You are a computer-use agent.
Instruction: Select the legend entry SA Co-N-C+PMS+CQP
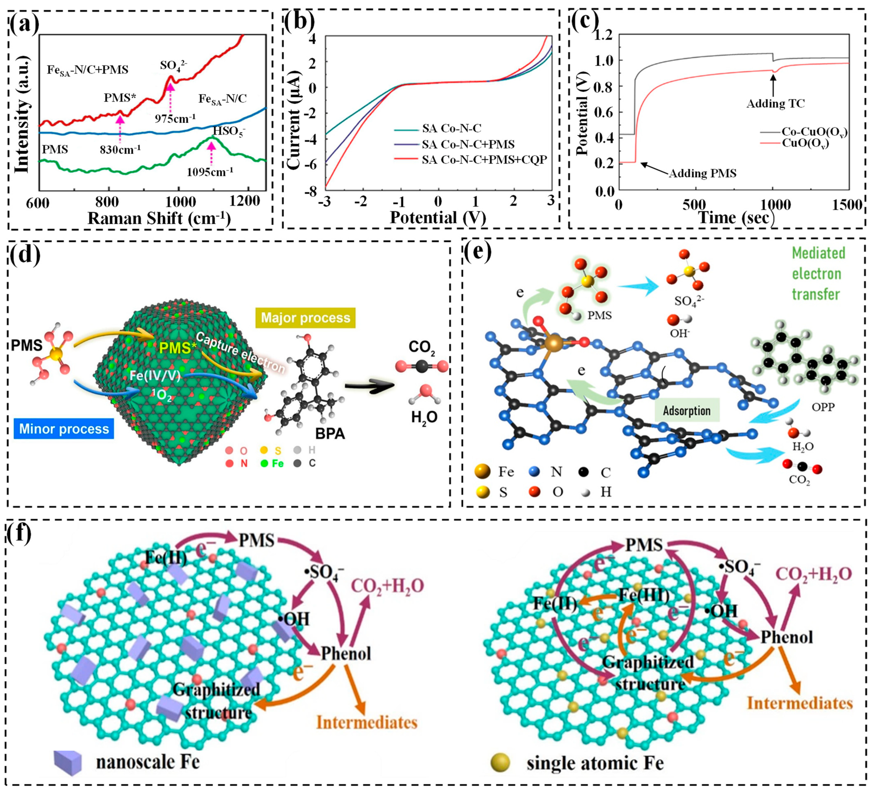(484, 160)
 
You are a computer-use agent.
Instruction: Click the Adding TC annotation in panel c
(775, 103)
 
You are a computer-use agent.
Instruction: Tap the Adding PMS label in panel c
(702, 173)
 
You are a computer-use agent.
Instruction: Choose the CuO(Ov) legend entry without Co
(805, 144)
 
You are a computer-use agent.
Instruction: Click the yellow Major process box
(305, 318)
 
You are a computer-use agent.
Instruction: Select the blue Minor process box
(64, 429)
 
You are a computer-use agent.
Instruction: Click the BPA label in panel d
(330, 434)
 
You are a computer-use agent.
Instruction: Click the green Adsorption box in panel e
(686, 410)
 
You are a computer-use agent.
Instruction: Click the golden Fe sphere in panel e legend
(483, 471)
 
